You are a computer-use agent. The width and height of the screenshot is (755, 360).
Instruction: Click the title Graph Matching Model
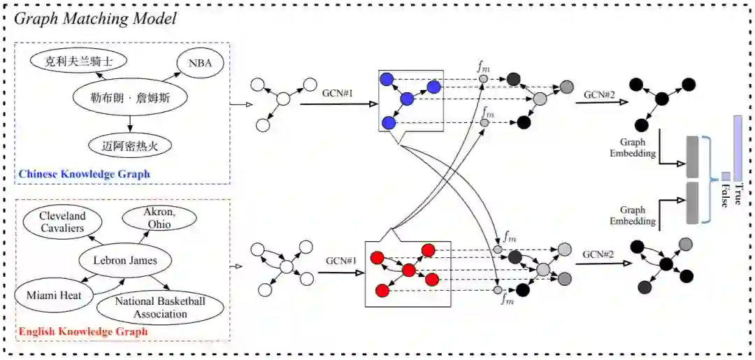point(95,19)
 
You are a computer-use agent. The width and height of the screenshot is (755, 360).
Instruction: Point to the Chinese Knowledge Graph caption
point(84,173)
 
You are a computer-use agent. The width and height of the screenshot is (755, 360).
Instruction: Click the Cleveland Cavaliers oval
point(62,222)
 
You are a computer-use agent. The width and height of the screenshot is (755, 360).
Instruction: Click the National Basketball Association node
point(160,308)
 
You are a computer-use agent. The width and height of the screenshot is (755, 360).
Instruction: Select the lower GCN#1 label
point(340,261)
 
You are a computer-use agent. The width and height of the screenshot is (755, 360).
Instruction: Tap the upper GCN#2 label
point(599,94)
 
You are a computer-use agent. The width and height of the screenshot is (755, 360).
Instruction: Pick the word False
point(725,197)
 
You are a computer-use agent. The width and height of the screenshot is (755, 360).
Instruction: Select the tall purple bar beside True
point(738,146)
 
